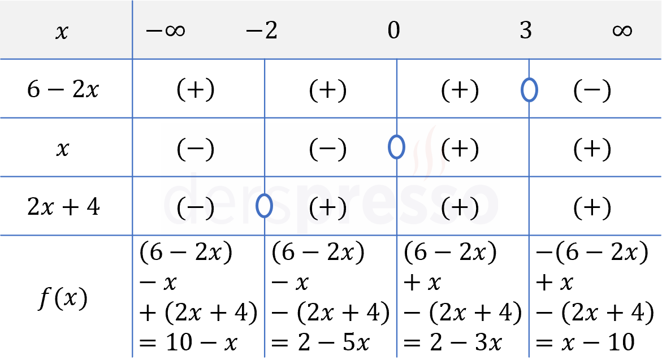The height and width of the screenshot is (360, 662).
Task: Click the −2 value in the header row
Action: (262, 31)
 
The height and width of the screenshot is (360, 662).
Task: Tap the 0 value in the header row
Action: (393, 31)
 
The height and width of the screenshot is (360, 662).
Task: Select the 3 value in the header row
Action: (526, 31)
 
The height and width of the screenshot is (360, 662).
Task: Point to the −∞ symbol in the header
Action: (165, 31)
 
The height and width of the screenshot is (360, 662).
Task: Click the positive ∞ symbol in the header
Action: (622, 31)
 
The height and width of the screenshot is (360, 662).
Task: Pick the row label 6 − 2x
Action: (63, 89)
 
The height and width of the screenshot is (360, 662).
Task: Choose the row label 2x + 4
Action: (63, 207)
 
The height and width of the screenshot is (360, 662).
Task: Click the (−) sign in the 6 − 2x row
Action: (592, 90)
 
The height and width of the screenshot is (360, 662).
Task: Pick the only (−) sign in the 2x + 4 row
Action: (196, 207)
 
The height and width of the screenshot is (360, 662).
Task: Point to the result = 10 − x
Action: (188, 342)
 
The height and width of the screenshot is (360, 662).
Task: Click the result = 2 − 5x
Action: (321, 342)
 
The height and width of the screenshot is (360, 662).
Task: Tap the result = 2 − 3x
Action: (453, 342)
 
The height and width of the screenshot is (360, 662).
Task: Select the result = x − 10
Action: (585, 342)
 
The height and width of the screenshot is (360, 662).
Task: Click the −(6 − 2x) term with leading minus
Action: (592, 253)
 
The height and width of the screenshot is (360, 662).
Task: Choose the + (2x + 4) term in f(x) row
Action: (198, 313)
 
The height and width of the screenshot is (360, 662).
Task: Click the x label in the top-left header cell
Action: (62, 32)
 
